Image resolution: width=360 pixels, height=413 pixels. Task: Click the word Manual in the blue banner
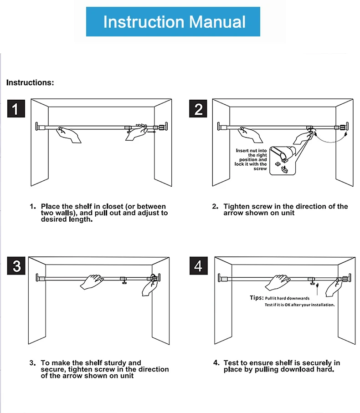click(x=217, y=21)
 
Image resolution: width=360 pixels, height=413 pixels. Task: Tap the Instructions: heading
click(x=30, y=82)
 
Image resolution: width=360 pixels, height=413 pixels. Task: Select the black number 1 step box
click(x=16, y=108)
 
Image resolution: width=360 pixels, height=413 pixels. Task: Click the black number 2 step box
click(x=198, y=108)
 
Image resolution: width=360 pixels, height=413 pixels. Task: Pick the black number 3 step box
click(x=16, y=266)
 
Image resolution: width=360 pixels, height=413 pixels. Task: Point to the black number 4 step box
click(x=198, y=266)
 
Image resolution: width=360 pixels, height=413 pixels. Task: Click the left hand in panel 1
click(x=68, y=135)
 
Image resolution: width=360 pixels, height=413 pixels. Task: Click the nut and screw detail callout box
click(x=283, y=161)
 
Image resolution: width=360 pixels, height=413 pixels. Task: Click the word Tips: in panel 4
click(x=257, y=298)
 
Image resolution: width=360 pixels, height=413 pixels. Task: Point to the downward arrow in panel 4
click(x=317, y=289)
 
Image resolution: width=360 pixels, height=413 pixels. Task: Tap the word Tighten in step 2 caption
click(x=237, y=207)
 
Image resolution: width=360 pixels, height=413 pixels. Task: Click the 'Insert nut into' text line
click(x=251, y=150)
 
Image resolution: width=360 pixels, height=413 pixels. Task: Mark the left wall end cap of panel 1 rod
click(x=37, y=126)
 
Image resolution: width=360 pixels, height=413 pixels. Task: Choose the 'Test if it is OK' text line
click(x=300, y=305)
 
